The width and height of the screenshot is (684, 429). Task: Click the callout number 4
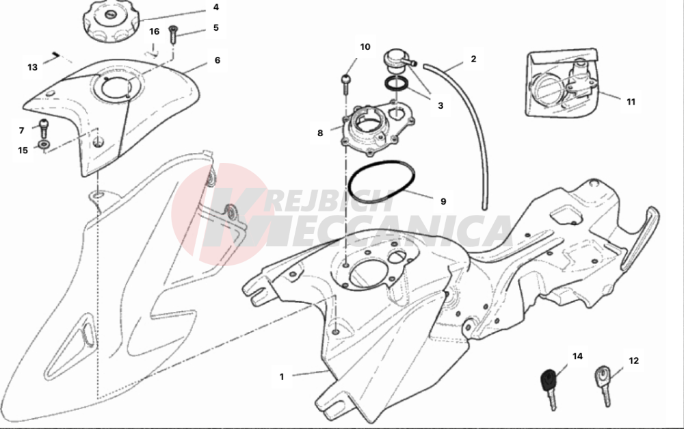[x=216, y=8]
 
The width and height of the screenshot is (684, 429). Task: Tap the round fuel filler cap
[x=111, y=21]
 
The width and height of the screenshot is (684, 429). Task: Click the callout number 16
[x=155, y=31]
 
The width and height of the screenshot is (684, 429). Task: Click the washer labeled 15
[x=44, y=144]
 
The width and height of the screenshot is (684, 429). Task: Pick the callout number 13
[x=33, y=67]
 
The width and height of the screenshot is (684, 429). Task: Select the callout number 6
[x=218, y=60]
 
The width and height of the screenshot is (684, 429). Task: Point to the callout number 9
[x=443, y=201]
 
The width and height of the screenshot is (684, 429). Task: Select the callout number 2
[x=474, y=59]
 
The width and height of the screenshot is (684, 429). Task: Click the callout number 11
[x=631, y=102]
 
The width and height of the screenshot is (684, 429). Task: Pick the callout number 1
[x=282, y=376]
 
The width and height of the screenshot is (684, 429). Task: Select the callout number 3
[x=440, y=105]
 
